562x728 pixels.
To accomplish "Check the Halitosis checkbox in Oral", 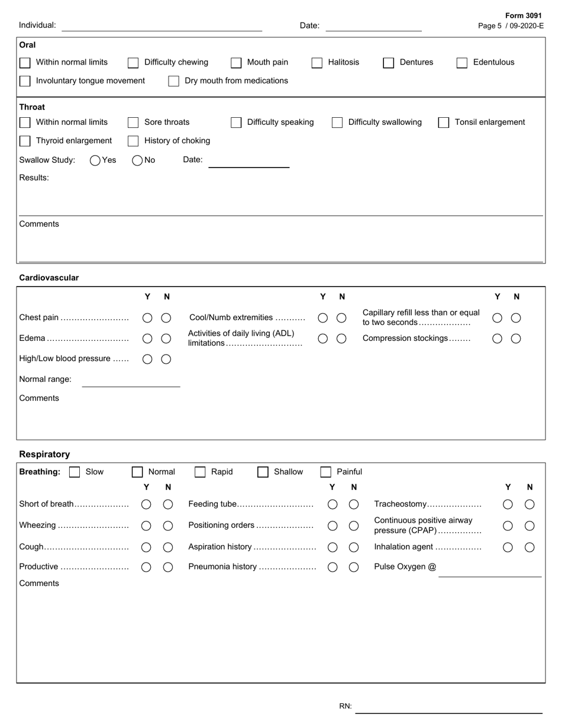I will click(317, 63).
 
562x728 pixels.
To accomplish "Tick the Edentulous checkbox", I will click(462, 63).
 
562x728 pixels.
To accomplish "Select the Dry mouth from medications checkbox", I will click(173, 81).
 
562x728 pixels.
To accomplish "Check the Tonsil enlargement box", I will click(444, 123).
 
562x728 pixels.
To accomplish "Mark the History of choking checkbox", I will click(133, 141).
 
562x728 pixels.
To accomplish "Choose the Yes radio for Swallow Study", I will click(95, 160).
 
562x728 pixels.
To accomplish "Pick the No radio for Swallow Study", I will click(137, 160).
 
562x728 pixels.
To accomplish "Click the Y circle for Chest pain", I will click(147, 318).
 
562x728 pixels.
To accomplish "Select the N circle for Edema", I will click(166, 339).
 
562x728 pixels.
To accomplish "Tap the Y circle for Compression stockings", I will click(497, 339).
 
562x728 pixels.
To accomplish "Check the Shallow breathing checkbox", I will click(263, 472).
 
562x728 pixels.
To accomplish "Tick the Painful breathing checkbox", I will click(325, 472).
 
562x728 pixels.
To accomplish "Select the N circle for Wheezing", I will click(168, 526).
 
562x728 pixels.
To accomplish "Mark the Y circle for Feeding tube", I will click(332, 504).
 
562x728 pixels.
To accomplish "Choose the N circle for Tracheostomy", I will click(529, 504).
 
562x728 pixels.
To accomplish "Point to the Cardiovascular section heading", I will click(49, 278).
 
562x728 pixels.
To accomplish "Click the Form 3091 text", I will click(523, 16).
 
